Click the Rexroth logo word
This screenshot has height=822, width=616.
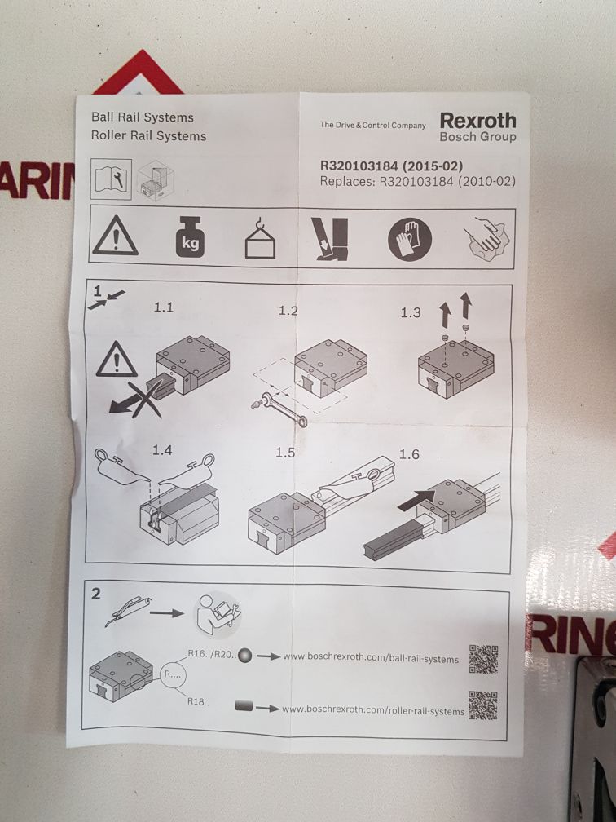click(x=477, y=119)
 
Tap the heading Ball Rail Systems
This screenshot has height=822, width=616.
click(x=143, y=117)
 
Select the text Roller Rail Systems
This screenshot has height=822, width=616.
click(x=148, y=136)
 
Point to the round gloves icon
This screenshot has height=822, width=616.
click(x=404, y=238)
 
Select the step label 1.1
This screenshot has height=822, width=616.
click(x=164, y=307)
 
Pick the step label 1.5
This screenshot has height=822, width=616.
click(x=284, y=453)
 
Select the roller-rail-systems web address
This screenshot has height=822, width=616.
click(x=373, y=710)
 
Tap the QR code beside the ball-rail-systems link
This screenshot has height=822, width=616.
click(x=483, y=658)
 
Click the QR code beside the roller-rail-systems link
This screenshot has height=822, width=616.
click(x=482, y=705)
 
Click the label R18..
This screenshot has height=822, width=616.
click(x=197, y=701)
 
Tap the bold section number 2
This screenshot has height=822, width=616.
click(x=96, y=594)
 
